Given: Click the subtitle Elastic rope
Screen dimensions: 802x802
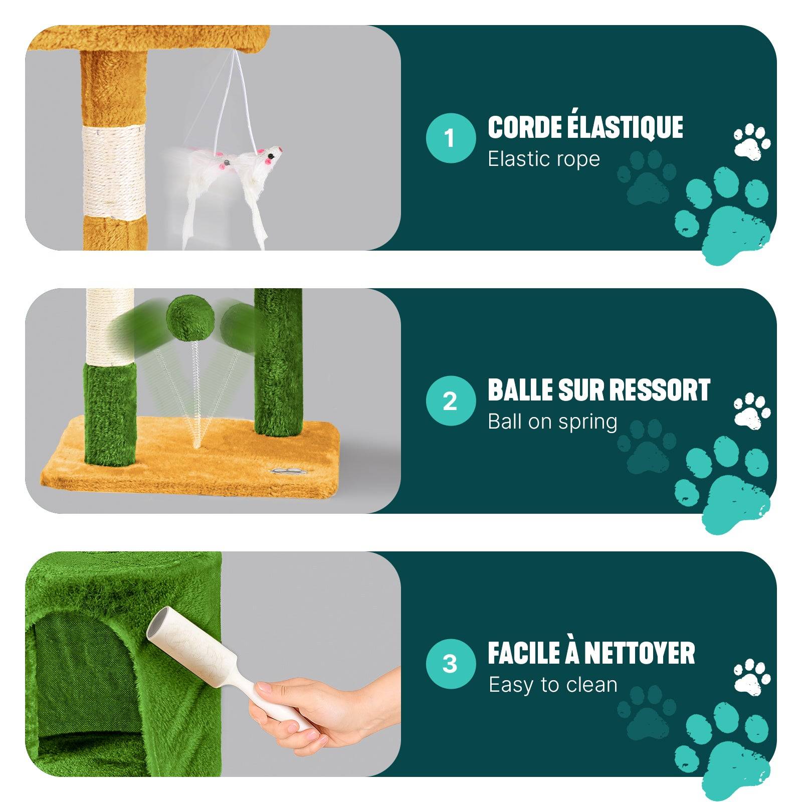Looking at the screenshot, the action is pyautogui.click(x=544, y=159).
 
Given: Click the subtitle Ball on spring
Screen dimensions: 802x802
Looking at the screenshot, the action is pyautogui.click(x=552, y=422).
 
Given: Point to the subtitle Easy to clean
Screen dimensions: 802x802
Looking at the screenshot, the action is pyautogui.click(x=553, y=685).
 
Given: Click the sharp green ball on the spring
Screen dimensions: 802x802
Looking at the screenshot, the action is pyautogui.click(x=190, y=318).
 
